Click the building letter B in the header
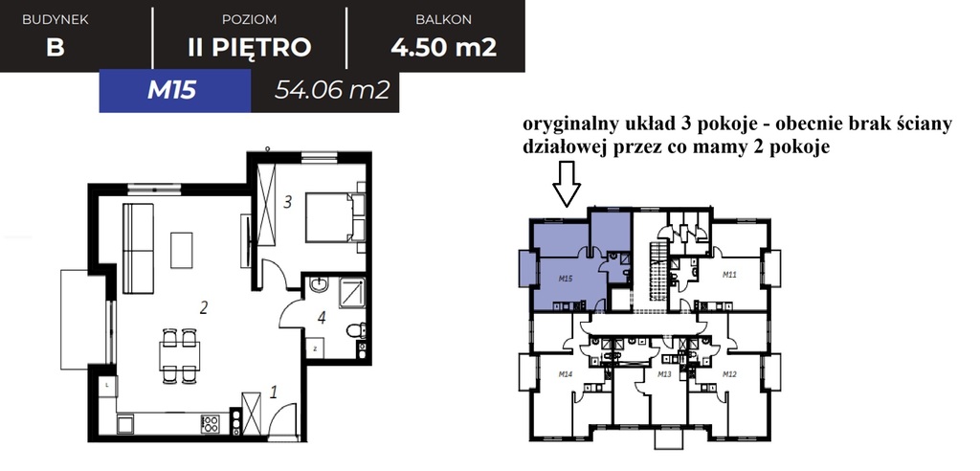[55, 47]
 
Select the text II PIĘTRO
[249, 47]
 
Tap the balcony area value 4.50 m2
[443, 47]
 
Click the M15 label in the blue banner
[172, 92]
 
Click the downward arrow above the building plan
[567, 184]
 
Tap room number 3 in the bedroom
[287, 202]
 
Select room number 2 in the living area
[204, 307]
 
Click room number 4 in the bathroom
[322, 319]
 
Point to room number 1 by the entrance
[274, 391]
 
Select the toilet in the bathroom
[356, 331]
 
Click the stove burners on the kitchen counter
[212, 422]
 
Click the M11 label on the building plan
[728, 275]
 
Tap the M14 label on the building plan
[564, 373]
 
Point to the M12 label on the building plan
[730, 373]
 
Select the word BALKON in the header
[443, 19]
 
